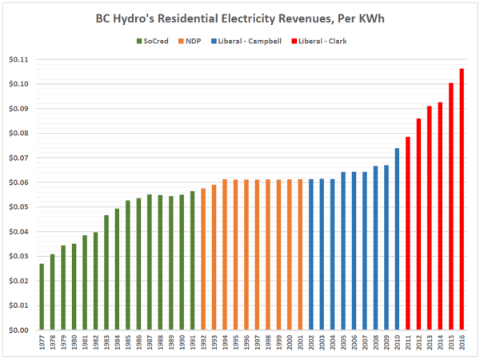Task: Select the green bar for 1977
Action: point(42,296)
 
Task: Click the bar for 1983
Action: point(106,272)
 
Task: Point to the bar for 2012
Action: point(418,224)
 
